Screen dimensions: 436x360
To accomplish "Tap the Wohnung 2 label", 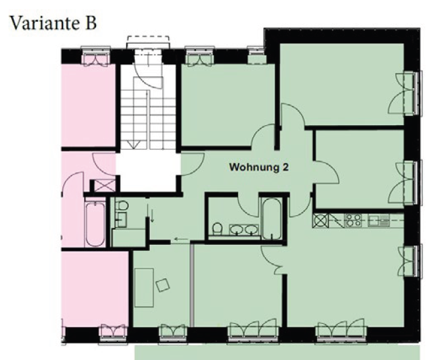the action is pyautogui.click(x=259, y=167).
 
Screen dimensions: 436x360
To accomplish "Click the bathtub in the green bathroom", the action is pyautogui.click(x=271, y=219).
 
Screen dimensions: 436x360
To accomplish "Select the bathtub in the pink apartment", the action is pyautogui.click(x=95, y=224).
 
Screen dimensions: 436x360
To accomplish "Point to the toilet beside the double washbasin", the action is pyautogui.click(x=217, y=228).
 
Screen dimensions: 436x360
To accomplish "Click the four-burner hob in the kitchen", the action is pyautogui.click(x=354, y=220).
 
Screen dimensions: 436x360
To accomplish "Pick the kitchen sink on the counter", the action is pyautogui.click(x=379, y=220).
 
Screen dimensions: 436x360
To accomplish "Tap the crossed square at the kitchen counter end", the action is pyautogui.click(x=320, y=220).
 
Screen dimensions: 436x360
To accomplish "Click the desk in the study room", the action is pyautogui.click(x=144, y=288).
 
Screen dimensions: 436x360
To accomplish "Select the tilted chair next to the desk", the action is pyautogui.click(x=163, y=285).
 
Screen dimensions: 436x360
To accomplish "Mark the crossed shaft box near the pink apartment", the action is pyautogui.click(x=105, y=186).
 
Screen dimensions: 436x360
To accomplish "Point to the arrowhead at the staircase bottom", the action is pyautogui.click(x=133, y=145).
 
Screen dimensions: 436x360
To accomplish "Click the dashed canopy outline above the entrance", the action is pyautogui.click(x=148, y=39).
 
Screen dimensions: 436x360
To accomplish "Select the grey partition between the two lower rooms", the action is pyautogui.click(x=191, y=284).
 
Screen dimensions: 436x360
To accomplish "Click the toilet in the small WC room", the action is pyautogui.click(x=122, y=206).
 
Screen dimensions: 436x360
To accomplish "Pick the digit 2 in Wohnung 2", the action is pyautogui.click(x=285, y=167).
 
